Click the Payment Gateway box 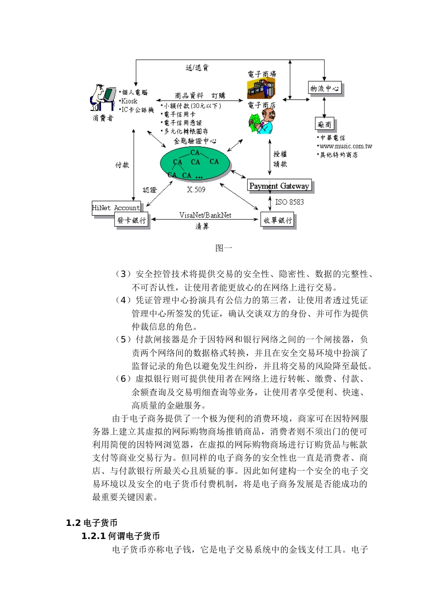point(279,186)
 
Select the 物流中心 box point(325,88)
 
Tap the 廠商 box point(324,124)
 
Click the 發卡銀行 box point(132,220)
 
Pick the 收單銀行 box point(278,220)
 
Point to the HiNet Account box point(116,208)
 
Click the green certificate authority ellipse point(195,164)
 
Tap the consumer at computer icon point(102,98)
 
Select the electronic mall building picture point(261,88)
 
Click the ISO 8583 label point(289,202)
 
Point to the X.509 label point(196,190)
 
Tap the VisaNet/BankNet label point(205,215)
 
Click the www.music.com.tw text point(346,146)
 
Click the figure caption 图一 point(224,248)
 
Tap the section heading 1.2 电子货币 point(92,523)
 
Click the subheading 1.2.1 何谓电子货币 point(121,536)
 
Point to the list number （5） point(123,339)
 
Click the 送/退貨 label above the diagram point(197,68)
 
